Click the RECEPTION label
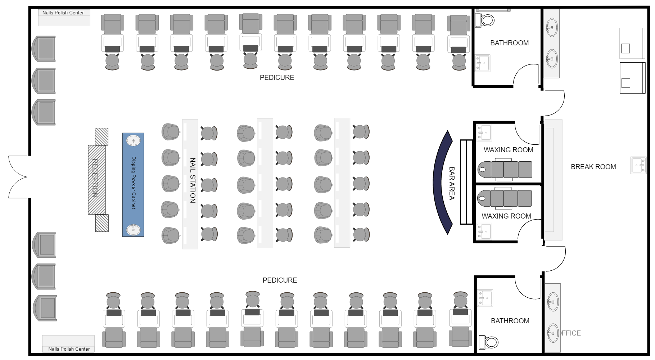(95, 178)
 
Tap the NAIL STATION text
(193, 180)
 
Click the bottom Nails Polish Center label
(69, 349)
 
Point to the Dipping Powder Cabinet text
(134, 183)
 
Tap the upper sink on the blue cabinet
(134, 141)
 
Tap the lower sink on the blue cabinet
(134, 229)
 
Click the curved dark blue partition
(441, 183)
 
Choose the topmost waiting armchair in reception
(44, 49)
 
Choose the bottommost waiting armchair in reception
(45, 308)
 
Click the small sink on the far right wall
(638, 165)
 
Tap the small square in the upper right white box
(625, 49)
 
